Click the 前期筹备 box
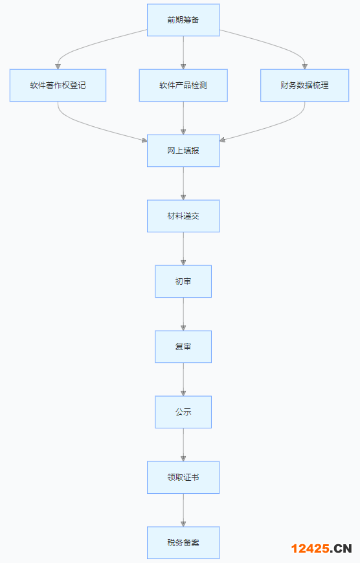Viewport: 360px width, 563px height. coord(183,20)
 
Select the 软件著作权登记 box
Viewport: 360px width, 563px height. coord(58,85)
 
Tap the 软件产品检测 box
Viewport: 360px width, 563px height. coord(183,85)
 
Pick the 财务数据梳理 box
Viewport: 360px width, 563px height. coord(305,85)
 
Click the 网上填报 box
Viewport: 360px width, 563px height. coord(183,151)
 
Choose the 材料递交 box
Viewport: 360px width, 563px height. coord(183,216)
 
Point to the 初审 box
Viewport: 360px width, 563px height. coord(183,281)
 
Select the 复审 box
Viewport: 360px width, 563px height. coord(183,347)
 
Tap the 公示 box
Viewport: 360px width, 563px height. coord(183,412)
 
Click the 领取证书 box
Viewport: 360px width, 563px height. coord(183,478)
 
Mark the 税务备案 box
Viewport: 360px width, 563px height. coord(183,543)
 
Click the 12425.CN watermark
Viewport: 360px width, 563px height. coord(321,548)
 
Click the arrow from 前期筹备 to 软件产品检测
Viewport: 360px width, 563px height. coord(183,53)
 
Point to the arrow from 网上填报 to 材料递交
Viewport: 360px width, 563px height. coord(183,184)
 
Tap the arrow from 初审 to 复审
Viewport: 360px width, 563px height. coord(183,314)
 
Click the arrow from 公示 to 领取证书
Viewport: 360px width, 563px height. coord(183,445)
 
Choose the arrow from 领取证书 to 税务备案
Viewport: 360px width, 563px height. coord(183,510)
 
